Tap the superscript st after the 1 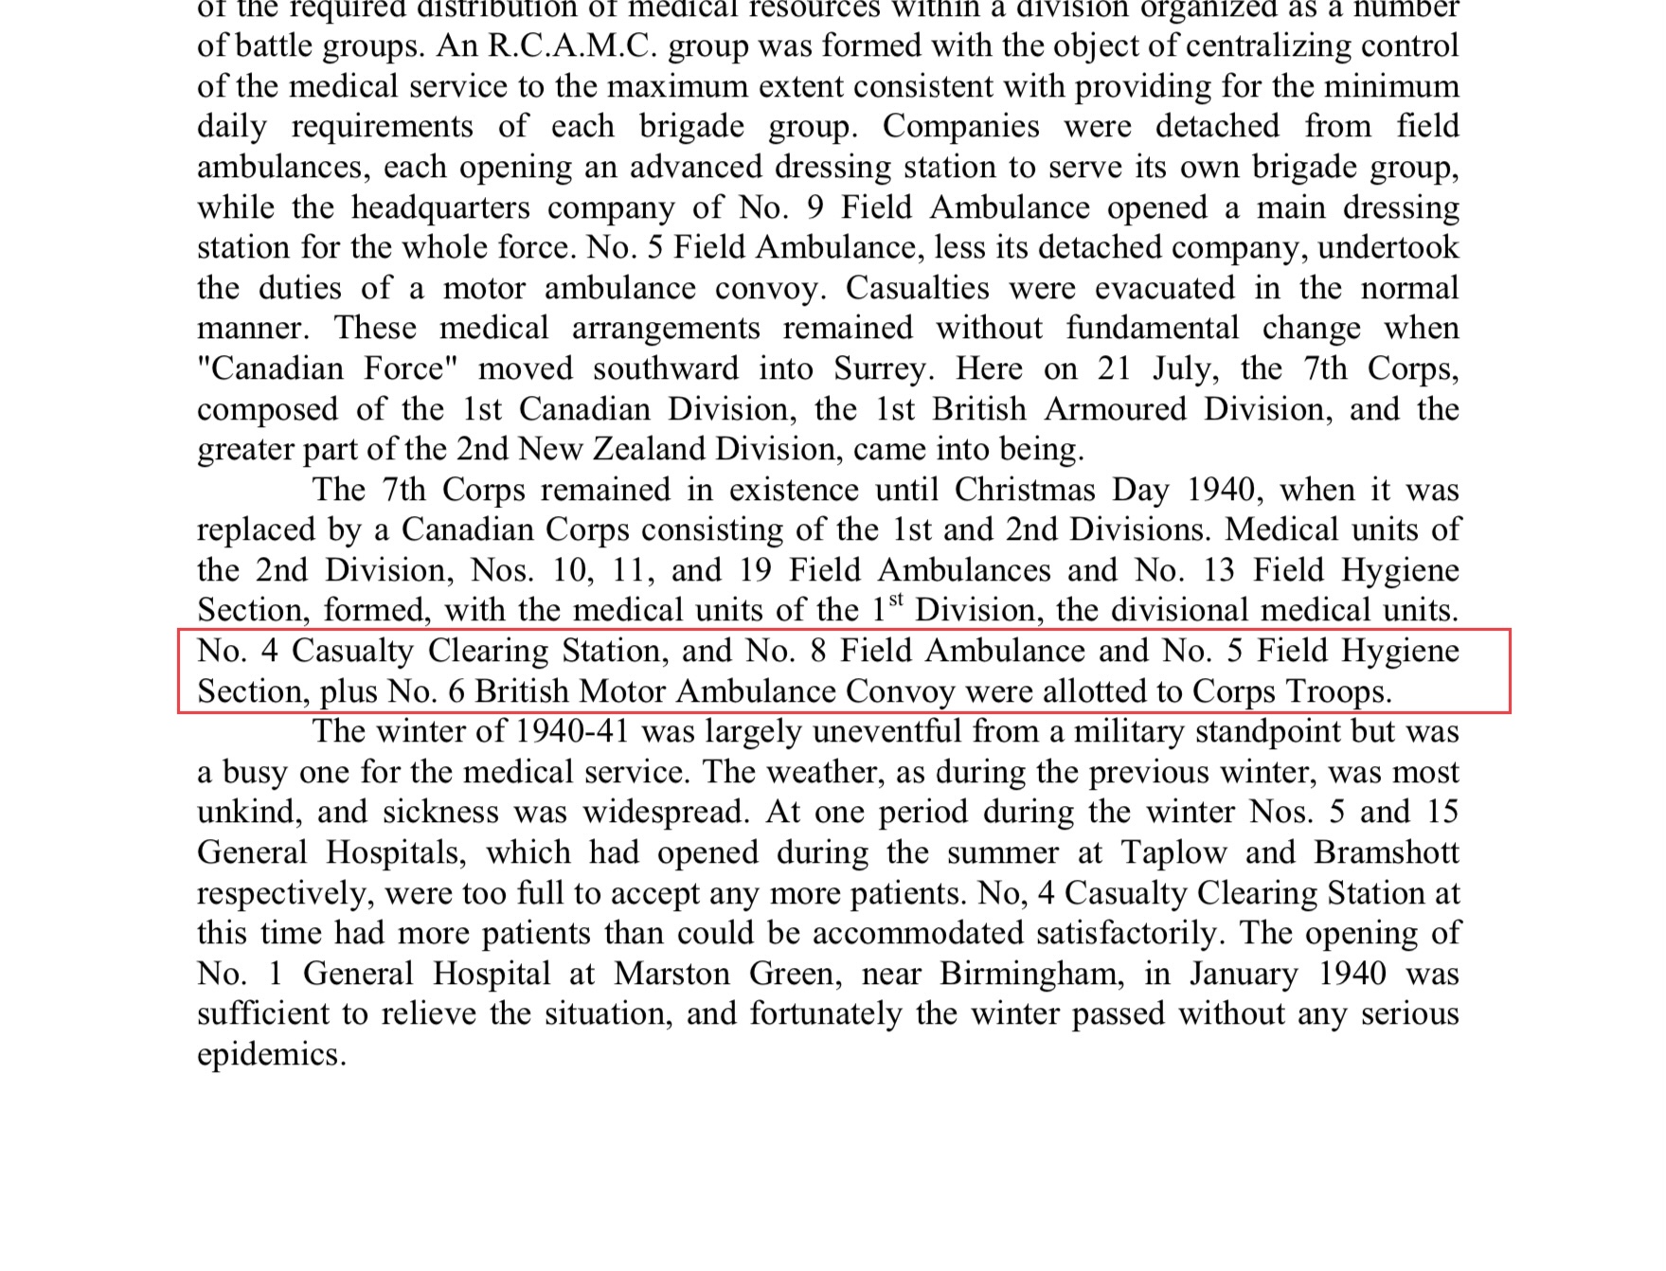(896, 600)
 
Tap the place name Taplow (1173, 852)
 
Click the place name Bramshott (1386, 852)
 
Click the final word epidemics (271, 1054)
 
